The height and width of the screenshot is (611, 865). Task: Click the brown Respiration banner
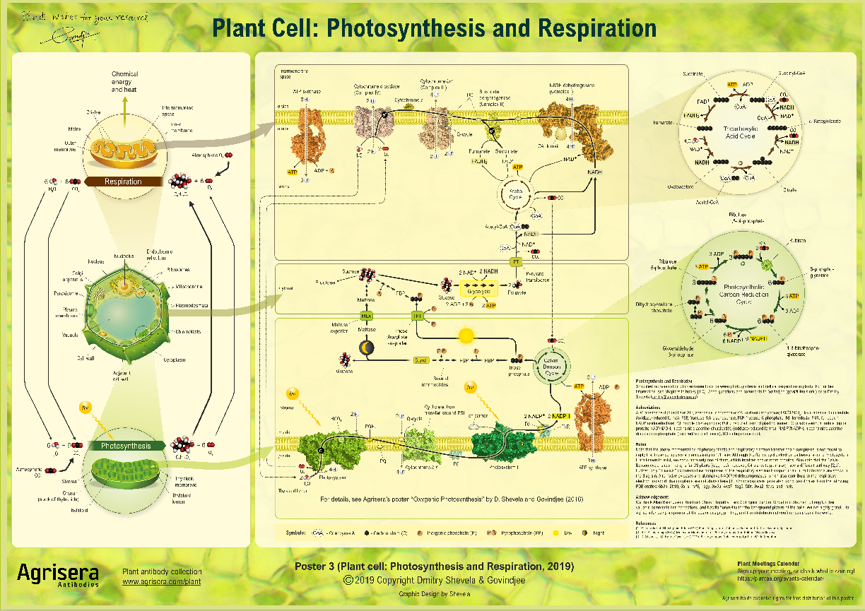pos(123,182)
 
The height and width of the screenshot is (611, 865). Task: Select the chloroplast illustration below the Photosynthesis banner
pos(125,481)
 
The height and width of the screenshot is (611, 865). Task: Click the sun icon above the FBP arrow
pos(465,336)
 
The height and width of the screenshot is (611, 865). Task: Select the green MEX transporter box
pos(366,316)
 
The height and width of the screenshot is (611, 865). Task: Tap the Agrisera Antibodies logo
pos(58,574)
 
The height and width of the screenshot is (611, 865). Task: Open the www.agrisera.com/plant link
pos(161,582)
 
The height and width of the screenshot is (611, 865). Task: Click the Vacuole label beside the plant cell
pos(69,336)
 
